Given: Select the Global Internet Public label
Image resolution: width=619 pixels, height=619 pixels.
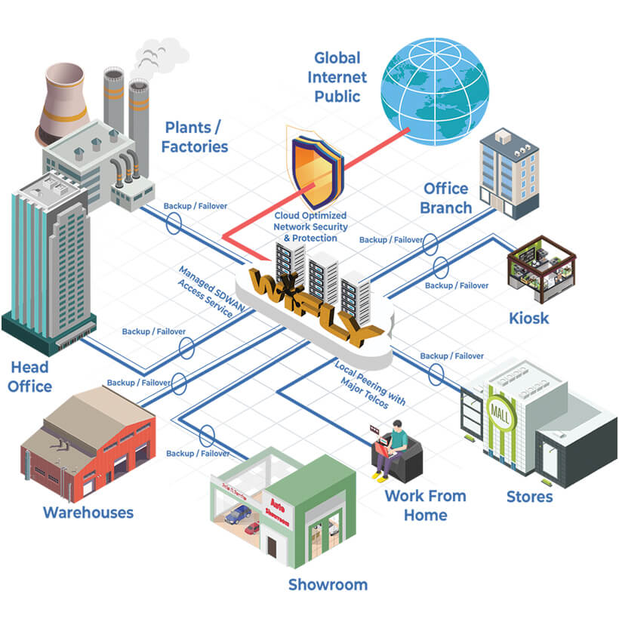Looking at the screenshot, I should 337,77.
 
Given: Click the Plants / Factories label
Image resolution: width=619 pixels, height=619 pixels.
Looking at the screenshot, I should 195,137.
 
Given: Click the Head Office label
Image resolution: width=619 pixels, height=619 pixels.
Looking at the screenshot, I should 31,377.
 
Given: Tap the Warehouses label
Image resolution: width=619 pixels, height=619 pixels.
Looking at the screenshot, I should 88,513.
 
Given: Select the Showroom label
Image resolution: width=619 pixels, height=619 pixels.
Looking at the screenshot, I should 328,584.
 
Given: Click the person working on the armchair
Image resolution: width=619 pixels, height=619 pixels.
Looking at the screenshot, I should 393,451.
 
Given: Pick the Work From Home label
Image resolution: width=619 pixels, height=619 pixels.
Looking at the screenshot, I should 425,505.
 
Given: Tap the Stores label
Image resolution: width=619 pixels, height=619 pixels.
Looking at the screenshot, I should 529,497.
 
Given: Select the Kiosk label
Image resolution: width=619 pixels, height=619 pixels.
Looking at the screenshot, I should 528,318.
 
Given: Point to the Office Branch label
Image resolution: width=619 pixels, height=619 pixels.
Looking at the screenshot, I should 445,198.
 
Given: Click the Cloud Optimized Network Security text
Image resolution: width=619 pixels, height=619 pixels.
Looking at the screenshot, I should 310,226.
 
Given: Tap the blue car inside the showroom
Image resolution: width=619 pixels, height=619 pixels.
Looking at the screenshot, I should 239,514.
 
